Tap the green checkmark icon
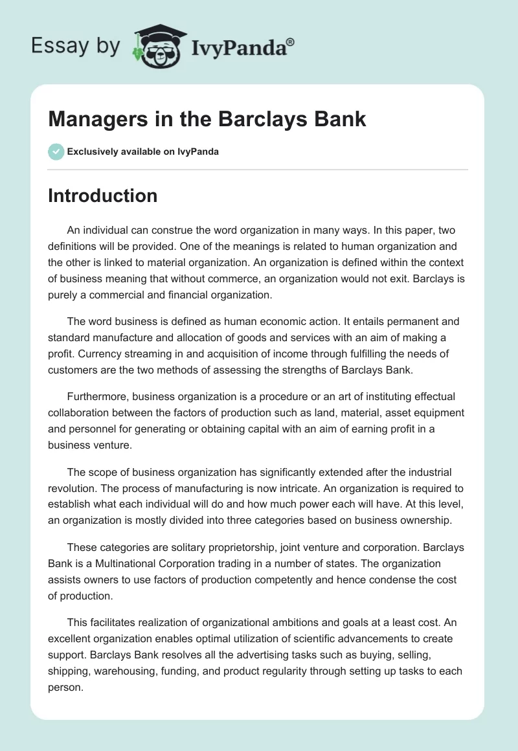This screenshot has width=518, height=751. [56, 151]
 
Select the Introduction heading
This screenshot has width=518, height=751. [102, 196]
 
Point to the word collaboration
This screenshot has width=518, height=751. [80, 412]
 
